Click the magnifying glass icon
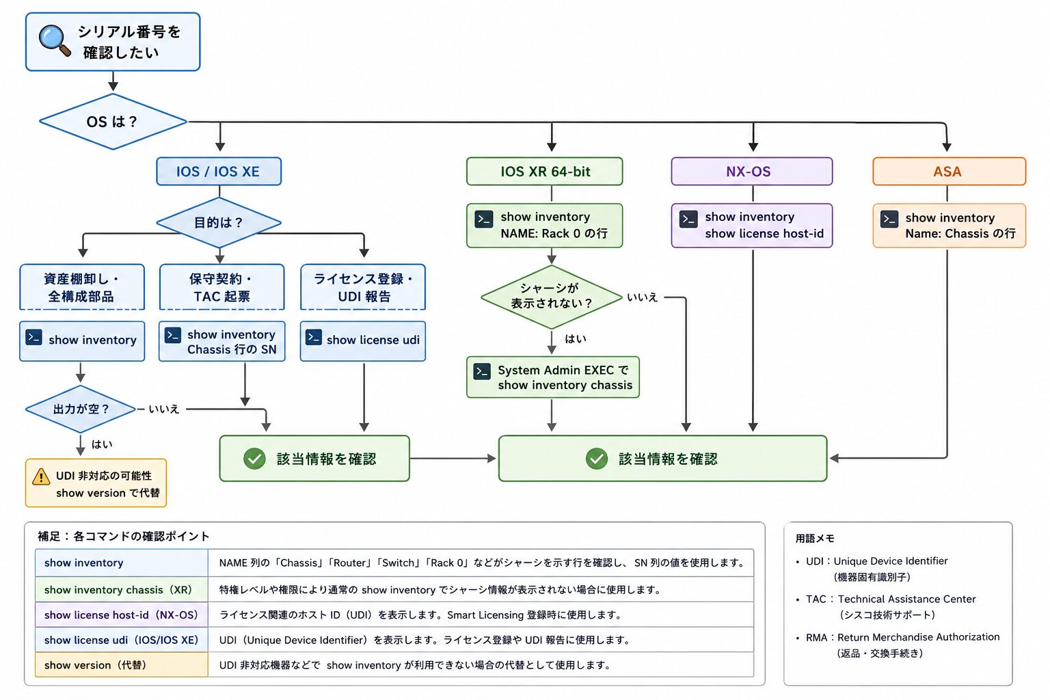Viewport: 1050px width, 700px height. click(x=55, y=40)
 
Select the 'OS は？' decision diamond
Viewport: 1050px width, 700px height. click(x=113, y=122)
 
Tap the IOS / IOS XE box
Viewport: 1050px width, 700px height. click(x=219, y=171)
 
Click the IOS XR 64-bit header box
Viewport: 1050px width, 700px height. click(x=545, y=171)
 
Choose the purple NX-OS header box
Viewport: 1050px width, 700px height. click(x=752, y=171)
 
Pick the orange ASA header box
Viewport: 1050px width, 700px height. click(x=950, y=171)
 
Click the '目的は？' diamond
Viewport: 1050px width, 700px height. click(x=219, y=222)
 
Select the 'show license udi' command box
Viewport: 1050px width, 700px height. click(x=363, y=341)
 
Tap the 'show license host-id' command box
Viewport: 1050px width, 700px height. click(x=752, y=226)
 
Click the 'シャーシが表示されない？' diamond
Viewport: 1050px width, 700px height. click(x=552, y=297)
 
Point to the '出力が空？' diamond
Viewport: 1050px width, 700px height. click(x=81, y=409)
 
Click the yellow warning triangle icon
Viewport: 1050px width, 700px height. click(x=41, y=477)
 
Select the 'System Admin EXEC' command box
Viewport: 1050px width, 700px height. click(x=553, y=377)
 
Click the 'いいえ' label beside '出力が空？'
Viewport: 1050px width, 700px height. click(x=164, y=409)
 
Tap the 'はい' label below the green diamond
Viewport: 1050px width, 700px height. click(x=576, y=338)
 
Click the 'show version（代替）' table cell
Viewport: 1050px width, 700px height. click(x=122, y=665)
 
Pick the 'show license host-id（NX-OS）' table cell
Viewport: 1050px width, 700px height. click(x=122, y=615)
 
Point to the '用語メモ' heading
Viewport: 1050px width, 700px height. click(x=815, y=538)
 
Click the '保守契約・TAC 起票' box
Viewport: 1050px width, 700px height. click(x=221, y=287)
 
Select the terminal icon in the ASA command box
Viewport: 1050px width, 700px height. click(x=889, y=219)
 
